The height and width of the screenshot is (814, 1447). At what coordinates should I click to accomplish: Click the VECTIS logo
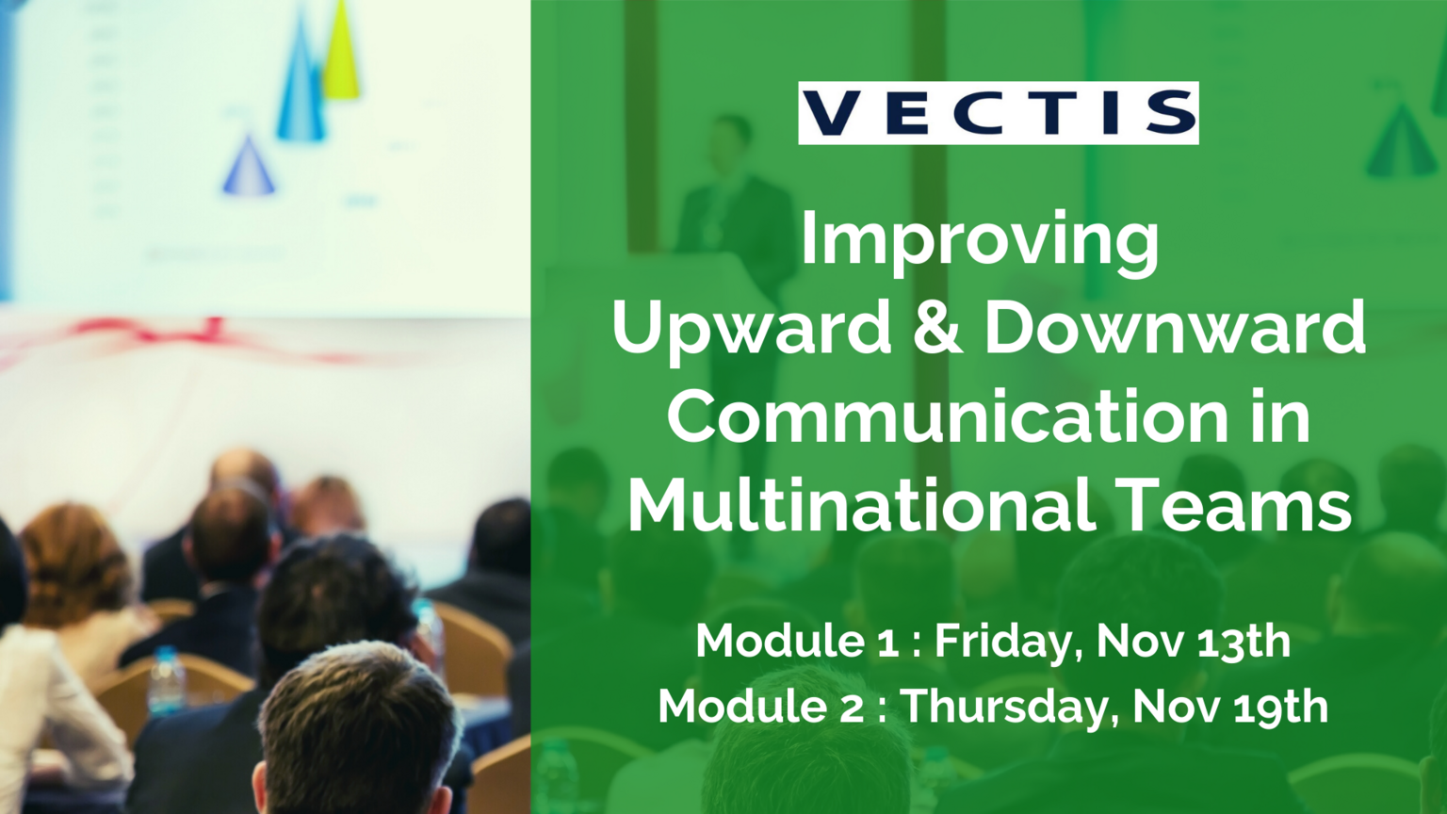[998, 112]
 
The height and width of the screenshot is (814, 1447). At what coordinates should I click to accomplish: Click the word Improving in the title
[980, 243]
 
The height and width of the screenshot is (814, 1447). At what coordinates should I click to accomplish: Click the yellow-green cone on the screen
[340, 49]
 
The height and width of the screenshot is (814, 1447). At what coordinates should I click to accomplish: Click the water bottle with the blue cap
[167, 680]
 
